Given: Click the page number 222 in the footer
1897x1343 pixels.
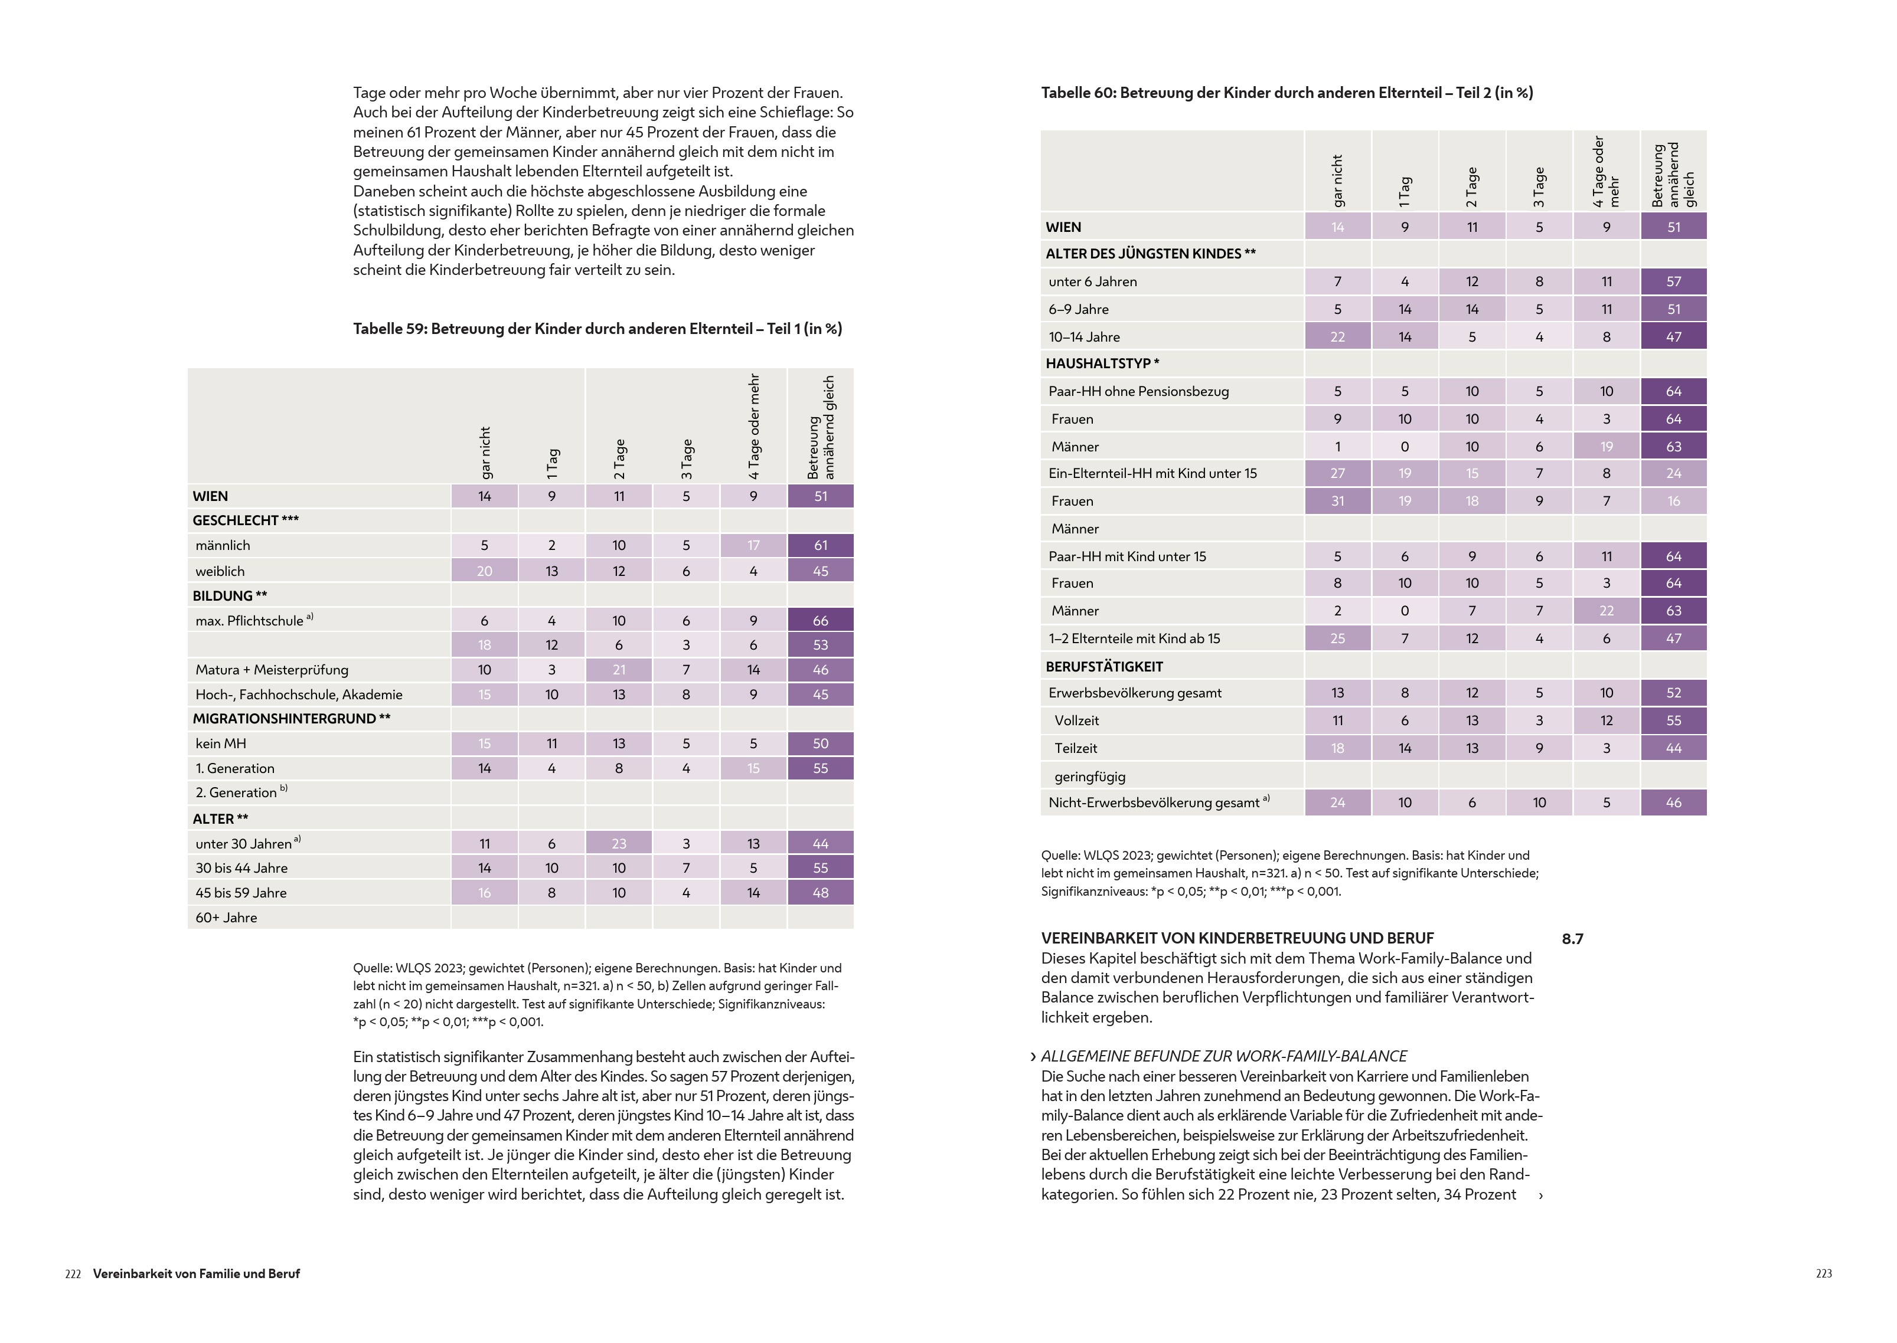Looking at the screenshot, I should point(73,1275).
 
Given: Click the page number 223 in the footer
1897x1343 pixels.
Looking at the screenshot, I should point(1823,1275).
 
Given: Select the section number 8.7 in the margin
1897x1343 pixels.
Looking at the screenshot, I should point(1572,939).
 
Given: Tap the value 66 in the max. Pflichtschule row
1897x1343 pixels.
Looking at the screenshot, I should point(820,620).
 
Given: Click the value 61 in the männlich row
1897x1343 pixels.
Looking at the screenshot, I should point(820,546).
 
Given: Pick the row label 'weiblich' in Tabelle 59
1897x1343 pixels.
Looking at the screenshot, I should point(220,571).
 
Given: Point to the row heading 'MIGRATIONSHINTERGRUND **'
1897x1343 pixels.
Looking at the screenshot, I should point(291,719).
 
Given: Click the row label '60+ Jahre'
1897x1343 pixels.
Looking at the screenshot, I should point(226,917).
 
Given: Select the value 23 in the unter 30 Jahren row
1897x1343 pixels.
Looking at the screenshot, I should point(619,844).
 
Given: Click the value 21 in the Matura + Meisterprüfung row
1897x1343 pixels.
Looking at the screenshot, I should point(619,670).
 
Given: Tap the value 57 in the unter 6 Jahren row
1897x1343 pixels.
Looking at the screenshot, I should point(1673,282).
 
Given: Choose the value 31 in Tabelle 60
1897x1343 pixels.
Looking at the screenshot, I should point(1337,501).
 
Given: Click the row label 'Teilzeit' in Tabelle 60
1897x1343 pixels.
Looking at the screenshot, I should point(1076,748).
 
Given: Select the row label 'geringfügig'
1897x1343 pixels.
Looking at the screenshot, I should point(1089,777).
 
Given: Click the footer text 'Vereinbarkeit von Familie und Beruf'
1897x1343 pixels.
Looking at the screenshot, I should point(196,1275).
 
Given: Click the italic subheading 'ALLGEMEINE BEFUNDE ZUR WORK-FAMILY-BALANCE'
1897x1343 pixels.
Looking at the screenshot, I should point(1223,1057).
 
